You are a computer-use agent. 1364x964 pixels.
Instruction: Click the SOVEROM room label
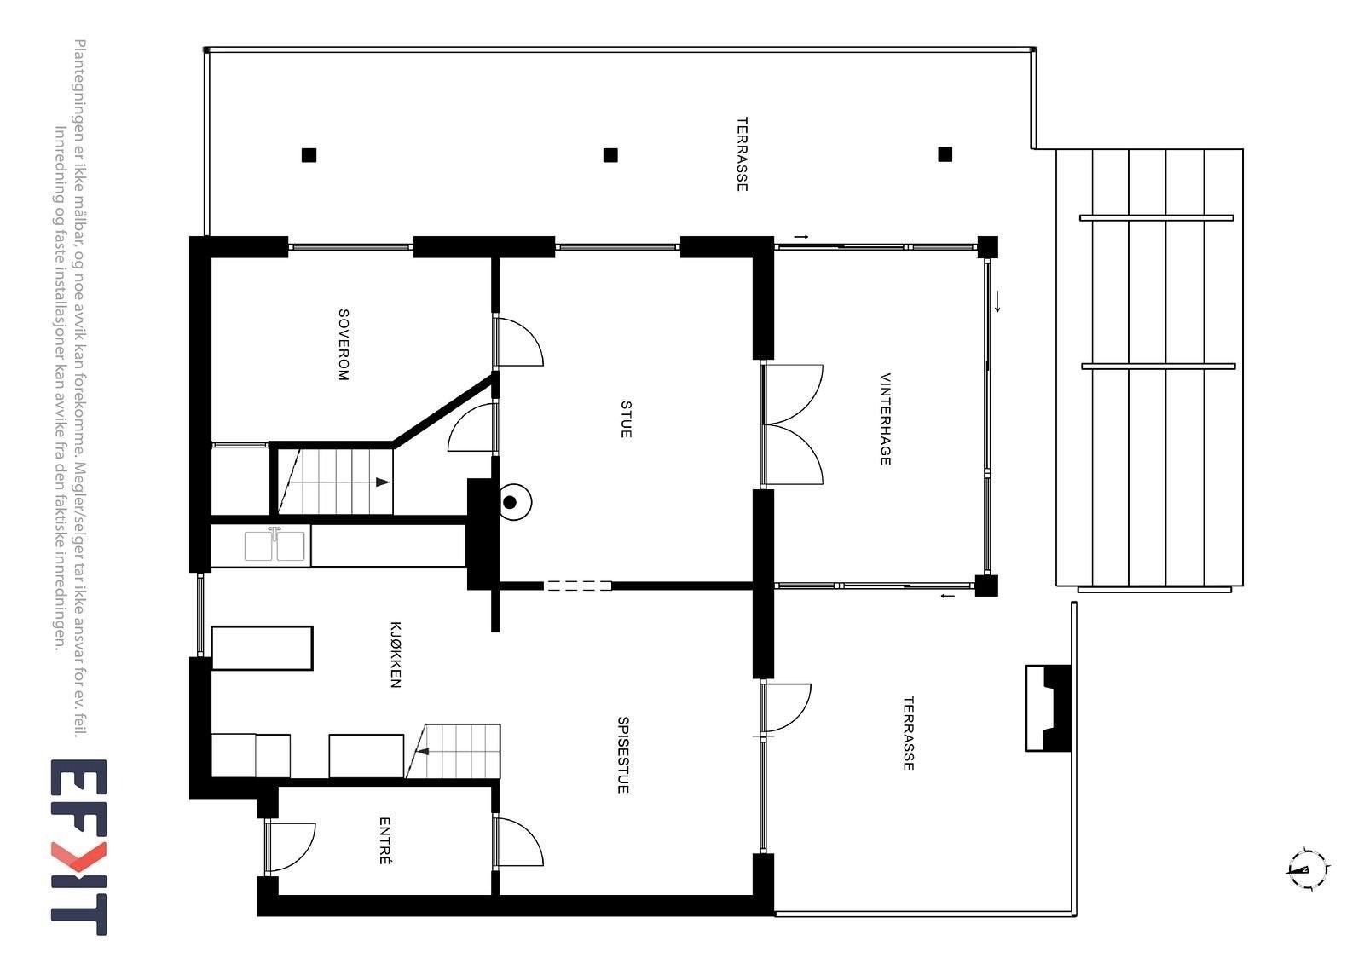tap(344, 344)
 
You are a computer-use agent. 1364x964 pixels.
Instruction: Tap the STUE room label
tap(626, 419)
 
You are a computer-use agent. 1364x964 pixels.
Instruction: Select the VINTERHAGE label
tap(885, 419)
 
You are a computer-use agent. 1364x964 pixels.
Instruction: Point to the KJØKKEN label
tap(395, 654)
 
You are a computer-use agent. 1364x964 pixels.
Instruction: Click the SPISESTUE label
tap(623, 754)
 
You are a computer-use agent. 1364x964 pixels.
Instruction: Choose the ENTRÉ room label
tap(384, 841)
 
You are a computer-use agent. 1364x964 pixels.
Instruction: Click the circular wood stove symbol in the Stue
tap(511, 502)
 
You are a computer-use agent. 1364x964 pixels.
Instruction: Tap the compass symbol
tap(1307, 869)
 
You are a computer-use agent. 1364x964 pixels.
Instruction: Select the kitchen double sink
tap(275, 545)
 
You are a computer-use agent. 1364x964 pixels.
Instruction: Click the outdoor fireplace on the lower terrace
tap(1048, 707)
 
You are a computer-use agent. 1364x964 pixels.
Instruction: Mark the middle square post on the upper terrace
tap(610, 155)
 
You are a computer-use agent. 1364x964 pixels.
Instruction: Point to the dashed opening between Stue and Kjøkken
tap(578, 586)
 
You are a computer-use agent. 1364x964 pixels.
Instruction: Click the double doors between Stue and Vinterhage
tap(791, 424)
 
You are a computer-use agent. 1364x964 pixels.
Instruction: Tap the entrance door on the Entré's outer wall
tap(290, 847)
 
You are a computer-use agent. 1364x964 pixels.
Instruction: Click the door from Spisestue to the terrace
tap(786, 707)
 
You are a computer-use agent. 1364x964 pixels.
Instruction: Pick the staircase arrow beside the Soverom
tap(382, 482)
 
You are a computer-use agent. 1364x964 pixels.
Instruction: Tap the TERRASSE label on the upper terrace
tap(742, 154)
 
